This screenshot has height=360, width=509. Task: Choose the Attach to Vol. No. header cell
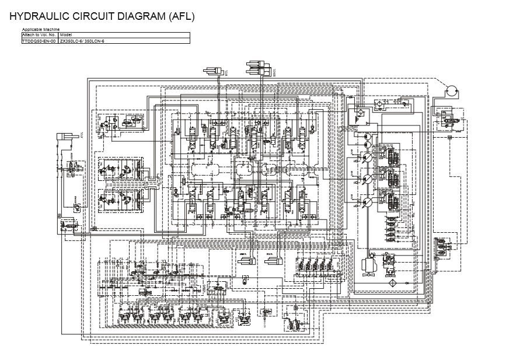point(39,35)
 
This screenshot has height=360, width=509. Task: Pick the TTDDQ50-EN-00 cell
point(39,41)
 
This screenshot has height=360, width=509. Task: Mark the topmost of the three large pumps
point(368,158)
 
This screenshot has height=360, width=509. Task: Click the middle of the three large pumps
point(368,179)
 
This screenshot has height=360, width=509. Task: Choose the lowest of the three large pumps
point(368,202)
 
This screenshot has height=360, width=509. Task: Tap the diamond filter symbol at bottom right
point(391,282)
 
